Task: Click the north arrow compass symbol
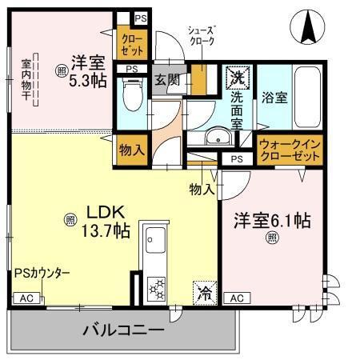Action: point(308,30)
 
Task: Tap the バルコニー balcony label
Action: point(123,330)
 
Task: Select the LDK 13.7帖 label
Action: point(103,222)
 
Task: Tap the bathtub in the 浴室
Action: point(309,99)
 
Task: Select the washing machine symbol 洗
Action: point(237,78)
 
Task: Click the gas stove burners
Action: point(154,286)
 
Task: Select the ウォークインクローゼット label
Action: point(290,150)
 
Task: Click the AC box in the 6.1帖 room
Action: point(236,298)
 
